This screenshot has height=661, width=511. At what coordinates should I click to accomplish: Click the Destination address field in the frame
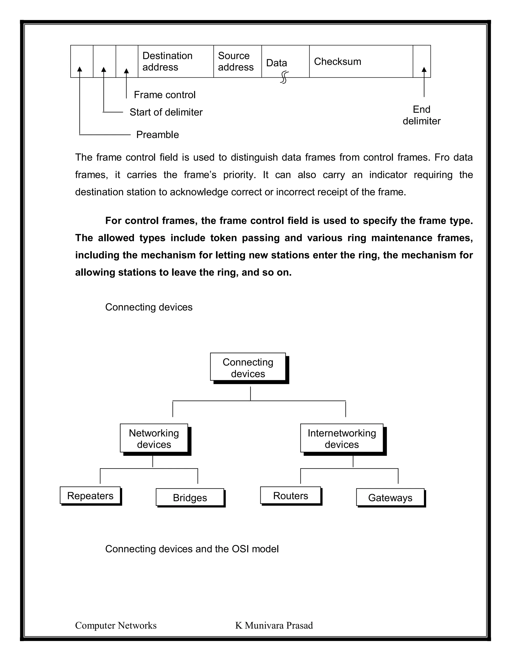(176, 61)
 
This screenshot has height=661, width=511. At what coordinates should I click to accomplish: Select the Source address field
(237, 61)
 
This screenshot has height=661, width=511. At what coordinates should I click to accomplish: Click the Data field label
(276, 63)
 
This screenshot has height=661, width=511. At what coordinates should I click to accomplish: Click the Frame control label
(164, 95)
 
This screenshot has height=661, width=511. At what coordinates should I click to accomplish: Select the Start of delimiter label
(166, 112)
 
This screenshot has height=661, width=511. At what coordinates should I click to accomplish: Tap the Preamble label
(157, 135)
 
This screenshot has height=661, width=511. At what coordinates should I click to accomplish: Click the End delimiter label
(421, 115)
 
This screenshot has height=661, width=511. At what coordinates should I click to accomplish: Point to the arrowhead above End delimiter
(424, 70)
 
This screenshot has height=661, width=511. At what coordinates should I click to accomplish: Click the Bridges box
(190, 498)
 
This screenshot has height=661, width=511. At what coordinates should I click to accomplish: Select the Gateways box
(390, 498)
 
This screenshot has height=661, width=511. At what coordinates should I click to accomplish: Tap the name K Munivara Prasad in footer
(274, 626)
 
